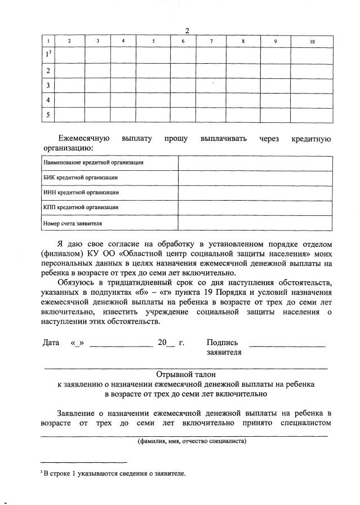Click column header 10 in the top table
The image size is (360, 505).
click(312, 42)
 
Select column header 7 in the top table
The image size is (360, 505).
click(211, 42)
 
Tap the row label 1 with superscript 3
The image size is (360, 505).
click(49, 55)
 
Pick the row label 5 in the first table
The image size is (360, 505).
click(48, 115)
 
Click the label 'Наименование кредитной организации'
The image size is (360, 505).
click(93, 162)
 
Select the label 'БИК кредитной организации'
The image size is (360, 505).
click(81, 178)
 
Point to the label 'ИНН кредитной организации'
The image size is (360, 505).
click(81, 193)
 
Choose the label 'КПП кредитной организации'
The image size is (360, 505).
click(81, 208)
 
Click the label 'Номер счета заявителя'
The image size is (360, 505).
click(73, 223)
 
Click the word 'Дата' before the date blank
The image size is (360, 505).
click(51, 342)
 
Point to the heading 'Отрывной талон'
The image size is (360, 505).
click(186, 374)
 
